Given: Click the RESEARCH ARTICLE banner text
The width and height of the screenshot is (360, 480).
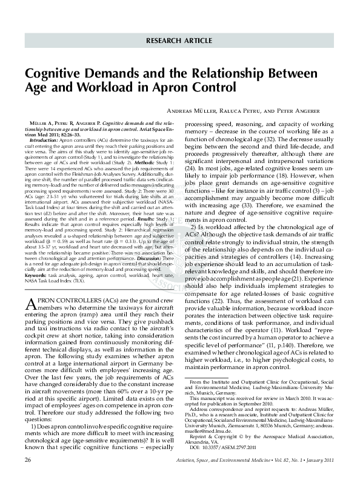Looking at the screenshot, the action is [x=179, y=41].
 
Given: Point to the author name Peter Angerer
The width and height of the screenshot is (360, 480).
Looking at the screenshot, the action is [x=316, y=113].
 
